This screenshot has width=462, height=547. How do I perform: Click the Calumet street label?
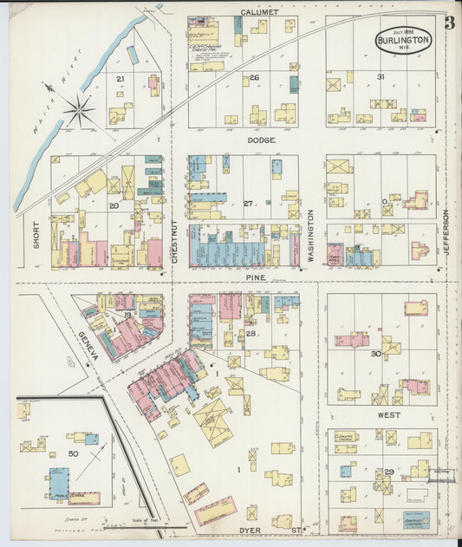point(260,12)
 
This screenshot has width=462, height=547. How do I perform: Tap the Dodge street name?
point(260,139)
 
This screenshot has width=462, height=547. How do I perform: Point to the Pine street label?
point(255,278)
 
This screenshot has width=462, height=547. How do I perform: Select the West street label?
point(389,416)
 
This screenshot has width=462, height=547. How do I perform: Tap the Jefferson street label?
point(446,231)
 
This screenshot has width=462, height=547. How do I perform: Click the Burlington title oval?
point(403,40)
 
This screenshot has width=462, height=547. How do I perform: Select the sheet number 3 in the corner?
point(449,23)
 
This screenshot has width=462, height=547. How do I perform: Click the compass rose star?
point(79,110)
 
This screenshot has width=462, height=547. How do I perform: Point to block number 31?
point(381,77)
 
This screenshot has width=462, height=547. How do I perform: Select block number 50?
point(73,453)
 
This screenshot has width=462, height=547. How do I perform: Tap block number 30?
point(376,354)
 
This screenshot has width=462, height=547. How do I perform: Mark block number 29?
point(389,471)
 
